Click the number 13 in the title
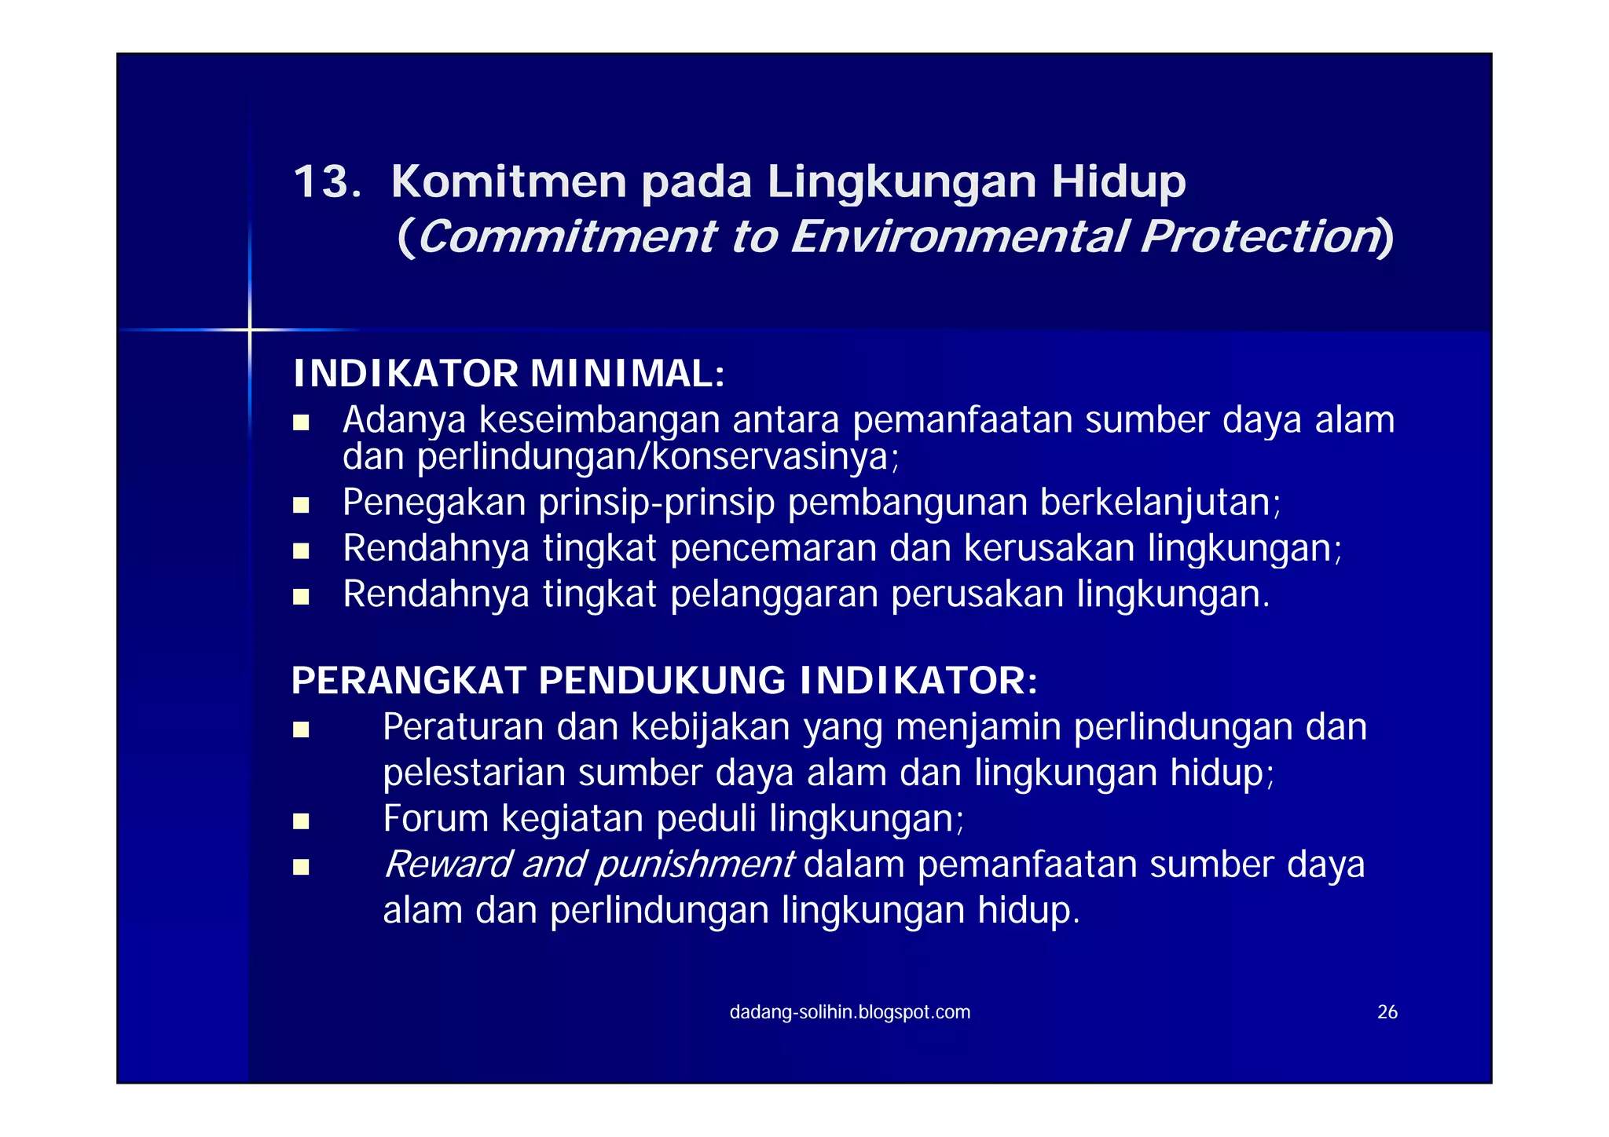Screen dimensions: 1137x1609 325,182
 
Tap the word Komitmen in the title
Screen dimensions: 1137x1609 508,182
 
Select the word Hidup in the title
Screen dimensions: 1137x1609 1119,184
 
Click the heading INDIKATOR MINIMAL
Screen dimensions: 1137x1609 508,374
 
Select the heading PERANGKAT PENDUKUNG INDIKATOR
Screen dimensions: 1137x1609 664,681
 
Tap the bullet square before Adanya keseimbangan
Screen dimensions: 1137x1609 301,423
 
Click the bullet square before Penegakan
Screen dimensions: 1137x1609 301,505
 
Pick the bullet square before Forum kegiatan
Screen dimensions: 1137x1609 301,822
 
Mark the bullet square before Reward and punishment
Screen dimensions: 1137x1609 301,868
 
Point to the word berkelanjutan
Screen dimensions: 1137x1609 1160,503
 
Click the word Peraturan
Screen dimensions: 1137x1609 464,727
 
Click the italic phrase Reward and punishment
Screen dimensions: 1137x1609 588,865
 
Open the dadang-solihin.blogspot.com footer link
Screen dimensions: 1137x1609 850,1012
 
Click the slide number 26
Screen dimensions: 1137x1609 1387,1012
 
